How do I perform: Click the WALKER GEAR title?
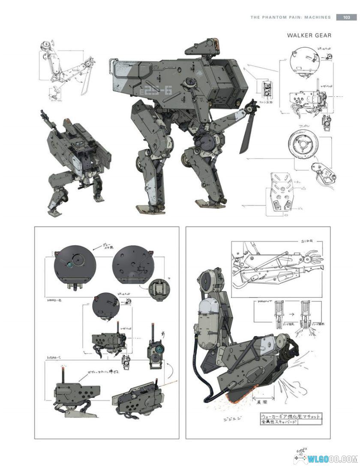pos(309,35)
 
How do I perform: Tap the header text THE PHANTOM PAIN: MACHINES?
pos(290,18)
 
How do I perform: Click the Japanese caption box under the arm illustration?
pos(291,419)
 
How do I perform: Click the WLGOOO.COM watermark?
pos(336,457)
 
